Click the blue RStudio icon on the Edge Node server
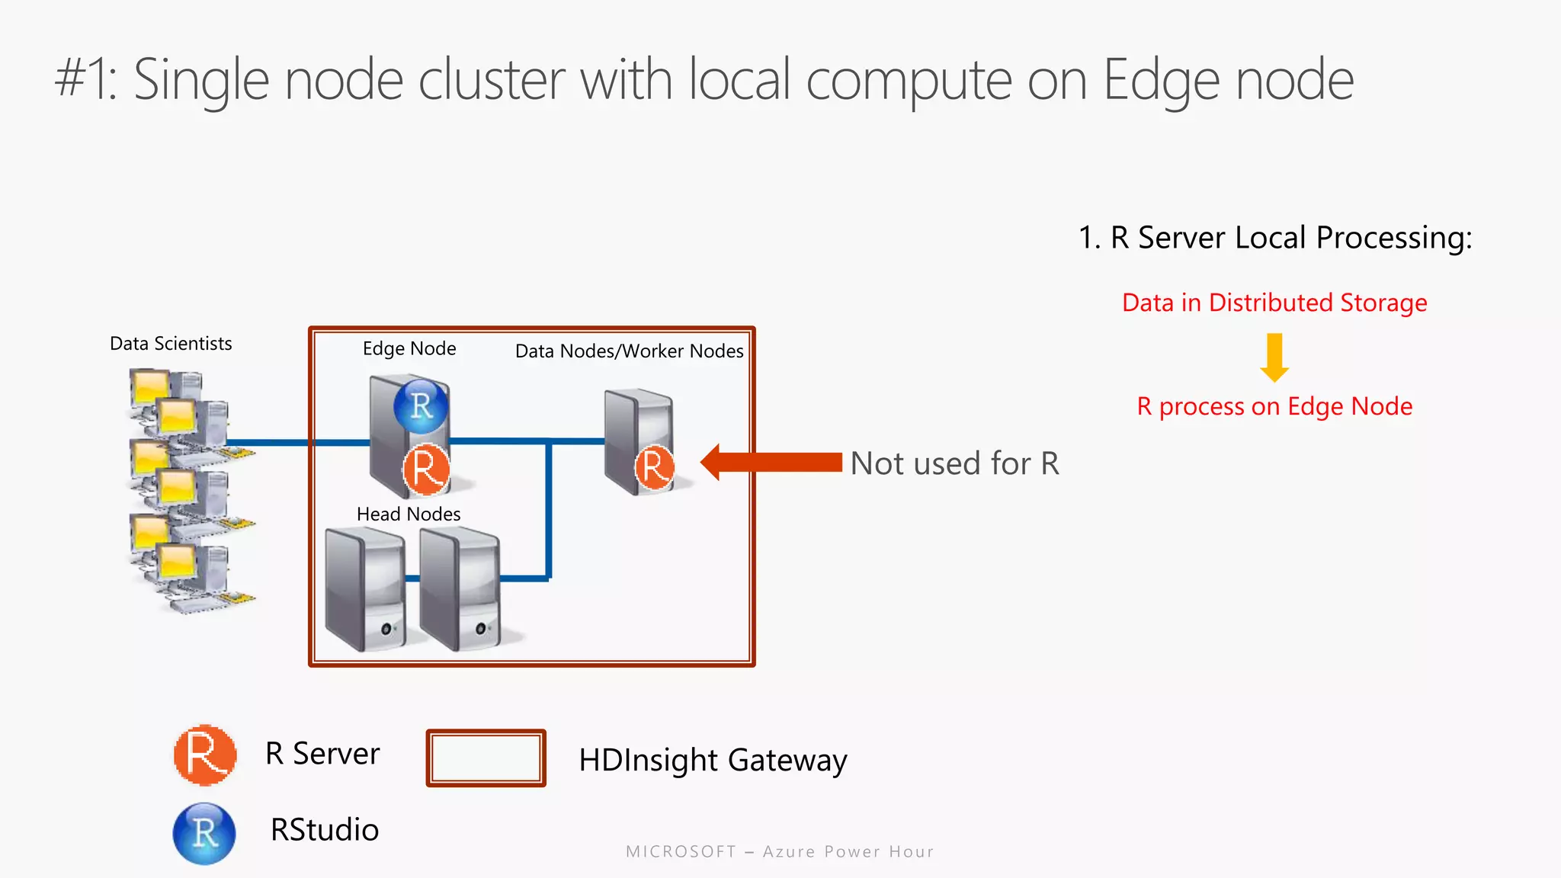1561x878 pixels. tap(421, 405)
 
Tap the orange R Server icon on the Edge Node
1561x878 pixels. tap(425, 469)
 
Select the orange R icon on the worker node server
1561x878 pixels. tap(654, 467)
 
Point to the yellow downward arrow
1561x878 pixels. tap(1274, 357)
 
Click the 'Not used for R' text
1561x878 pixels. tap(954, 463)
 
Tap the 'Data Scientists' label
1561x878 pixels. tap(171, 344)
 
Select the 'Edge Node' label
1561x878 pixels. tap(409, 348)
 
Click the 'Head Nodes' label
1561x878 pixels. tap(409, 514)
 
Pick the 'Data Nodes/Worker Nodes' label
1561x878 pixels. tap(629, 351)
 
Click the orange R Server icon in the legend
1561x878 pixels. tap(204, 755)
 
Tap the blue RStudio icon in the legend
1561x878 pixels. tap(204, 833)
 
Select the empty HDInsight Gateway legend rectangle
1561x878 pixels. tap(486, 758)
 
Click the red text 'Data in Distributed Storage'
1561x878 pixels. tap(1274, 303)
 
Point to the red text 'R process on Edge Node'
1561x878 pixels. tap(1274, 406)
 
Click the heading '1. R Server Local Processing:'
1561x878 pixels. tap(1274, 238)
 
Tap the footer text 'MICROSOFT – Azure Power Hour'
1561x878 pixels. tap(780, 851)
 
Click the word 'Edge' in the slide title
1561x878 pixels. tap(1160, 81)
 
